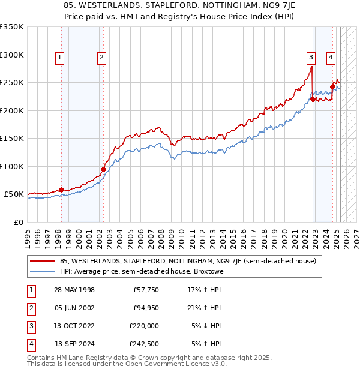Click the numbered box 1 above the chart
(x=61, y=58)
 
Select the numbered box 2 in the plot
(x=102, y=58)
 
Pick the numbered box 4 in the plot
(x=331, y=58)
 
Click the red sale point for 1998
(x=61, y=190)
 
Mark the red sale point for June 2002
(x=103, y=169)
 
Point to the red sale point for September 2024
(x=332, y=87)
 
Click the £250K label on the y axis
(x=12, y=83)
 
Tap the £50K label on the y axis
(x=14, y=194)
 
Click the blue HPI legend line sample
(x=43, y=271)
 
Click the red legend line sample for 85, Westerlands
(x=43, y=261)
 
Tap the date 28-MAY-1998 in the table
(x=74, y=290)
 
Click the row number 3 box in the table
(x=31, y=326)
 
